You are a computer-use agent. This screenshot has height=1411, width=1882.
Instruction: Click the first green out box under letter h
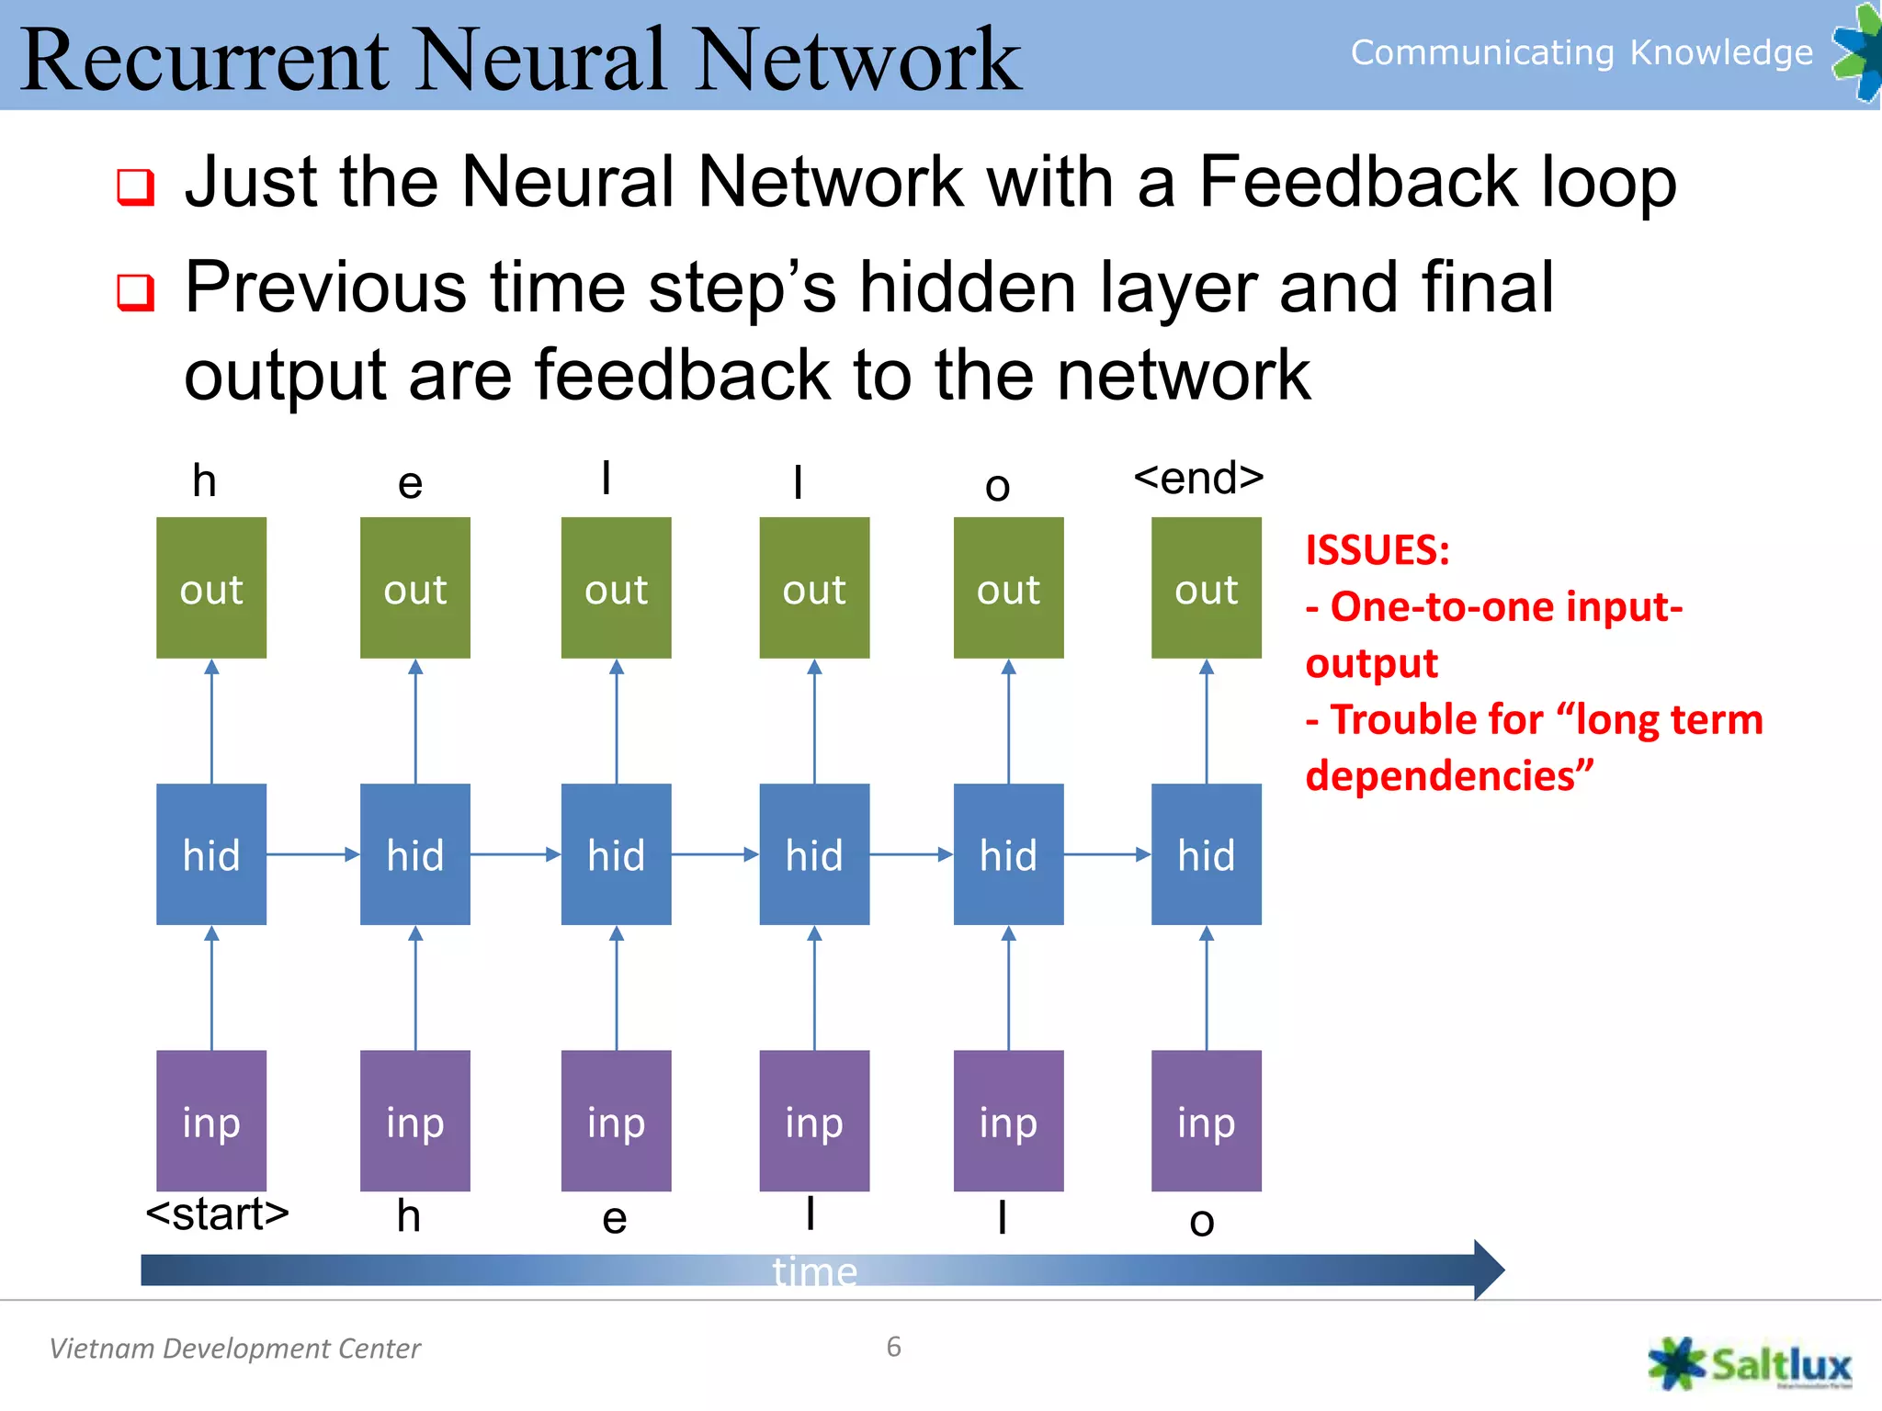(211, 588)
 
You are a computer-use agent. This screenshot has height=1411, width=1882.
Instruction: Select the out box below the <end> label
(1206, 588)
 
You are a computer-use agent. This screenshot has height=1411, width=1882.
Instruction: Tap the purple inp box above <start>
(211, 1121)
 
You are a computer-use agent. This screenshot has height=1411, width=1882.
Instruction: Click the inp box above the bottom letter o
(1206, 1121)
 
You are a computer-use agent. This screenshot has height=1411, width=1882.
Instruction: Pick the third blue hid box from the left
(616, 854)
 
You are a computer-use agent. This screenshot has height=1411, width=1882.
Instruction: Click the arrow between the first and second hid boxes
(312, 854)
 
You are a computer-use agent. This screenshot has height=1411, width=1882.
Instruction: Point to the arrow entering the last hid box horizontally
(1107, 854)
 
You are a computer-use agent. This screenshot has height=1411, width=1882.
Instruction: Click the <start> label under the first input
(218, 1214)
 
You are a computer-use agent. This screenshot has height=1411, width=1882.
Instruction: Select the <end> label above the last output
(1198, 478)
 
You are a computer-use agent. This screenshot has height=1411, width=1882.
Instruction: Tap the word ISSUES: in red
(1377, 550)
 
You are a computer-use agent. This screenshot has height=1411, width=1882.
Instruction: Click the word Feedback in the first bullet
(1358, 182)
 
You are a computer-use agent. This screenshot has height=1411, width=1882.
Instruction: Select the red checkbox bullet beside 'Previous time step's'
(135, 292)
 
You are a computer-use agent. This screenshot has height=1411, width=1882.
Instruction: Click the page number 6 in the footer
(893, 1347)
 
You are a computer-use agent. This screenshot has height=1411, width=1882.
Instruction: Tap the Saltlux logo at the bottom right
(1750, 1364)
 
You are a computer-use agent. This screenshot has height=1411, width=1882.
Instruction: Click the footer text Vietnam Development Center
(234, 1349)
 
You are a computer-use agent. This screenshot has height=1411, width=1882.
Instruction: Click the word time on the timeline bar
(814, 1272)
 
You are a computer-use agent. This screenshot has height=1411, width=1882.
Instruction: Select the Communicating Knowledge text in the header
(1581, 52)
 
